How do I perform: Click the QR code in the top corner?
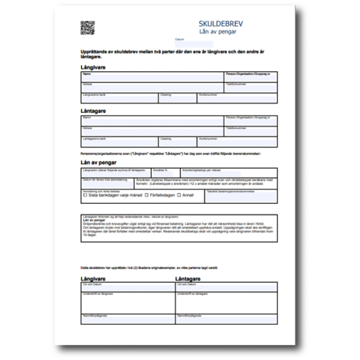pyautogui.click(x=87, y=27)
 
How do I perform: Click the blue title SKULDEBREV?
pyautogui.click(x=220, y=23)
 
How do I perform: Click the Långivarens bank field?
pyautogui.click(x=119, y=99)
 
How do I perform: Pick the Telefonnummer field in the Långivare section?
pyautogui.click(x=250, y=88)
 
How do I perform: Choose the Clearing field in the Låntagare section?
pyautogui.click(x=177, y=142)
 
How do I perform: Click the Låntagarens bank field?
pyautogui.click(x=119, y=142)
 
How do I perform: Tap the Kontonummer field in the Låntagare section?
pyautogui.click(x=237, y=142)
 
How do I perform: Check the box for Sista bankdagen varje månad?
pyautogui.click(x=85, y=195)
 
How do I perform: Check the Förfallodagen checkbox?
pyautogui.click(x=147, y=195)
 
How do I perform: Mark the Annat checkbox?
pyautogui.click(x=179, y=195)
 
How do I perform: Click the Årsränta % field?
pyautogui.click(x=166, y=174)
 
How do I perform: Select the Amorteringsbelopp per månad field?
pyautogui.click(x=228, y=174)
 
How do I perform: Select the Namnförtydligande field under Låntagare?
pyautogui.click(x=226, y=319)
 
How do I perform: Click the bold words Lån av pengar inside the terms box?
pyautogui.click(x=94, y=220)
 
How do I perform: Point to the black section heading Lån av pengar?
pyautogui.click(x=99, y=162)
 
